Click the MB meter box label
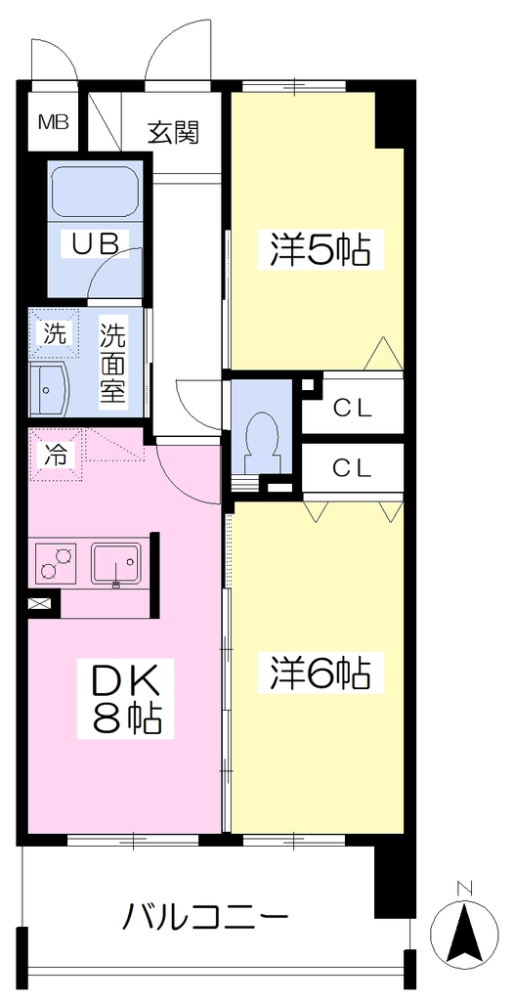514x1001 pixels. [54, 122]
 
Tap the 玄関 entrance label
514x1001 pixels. [174, 132]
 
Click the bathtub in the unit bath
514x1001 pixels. [95, 192]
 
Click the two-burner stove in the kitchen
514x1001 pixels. [55, 561]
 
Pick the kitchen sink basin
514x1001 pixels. [116, 562]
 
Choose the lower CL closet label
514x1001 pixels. [353, 470]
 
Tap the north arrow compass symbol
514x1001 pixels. [465, 930]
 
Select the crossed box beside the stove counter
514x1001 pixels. [38, 604]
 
